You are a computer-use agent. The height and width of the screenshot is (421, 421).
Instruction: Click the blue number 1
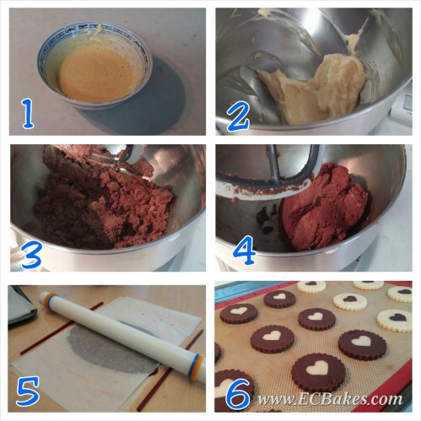pos(28,115)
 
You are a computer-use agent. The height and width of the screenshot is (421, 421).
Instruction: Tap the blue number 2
pos(238,118)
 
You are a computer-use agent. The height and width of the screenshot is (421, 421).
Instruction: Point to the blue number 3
pos(31,255)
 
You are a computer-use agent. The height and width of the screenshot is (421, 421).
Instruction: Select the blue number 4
pos(244,251)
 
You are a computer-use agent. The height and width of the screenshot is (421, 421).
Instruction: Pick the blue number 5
pos(28,391)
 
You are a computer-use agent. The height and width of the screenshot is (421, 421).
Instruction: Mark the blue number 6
pos(238,394)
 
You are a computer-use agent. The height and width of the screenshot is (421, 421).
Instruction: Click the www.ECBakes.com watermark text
pos(330,399)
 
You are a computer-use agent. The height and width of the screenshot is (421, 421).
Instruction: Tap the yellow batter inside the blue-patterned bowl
pos(95,74)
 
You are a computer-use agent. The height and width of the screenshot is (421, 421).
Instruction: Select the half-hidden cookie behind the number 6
pos(225,386)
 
